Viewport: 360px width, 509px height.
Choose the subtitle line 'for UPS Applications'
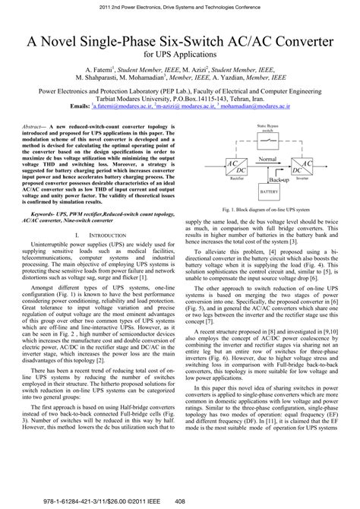[x=179, y=55]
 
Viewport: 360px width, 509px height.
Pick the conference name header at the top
[x=180, y=6]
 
